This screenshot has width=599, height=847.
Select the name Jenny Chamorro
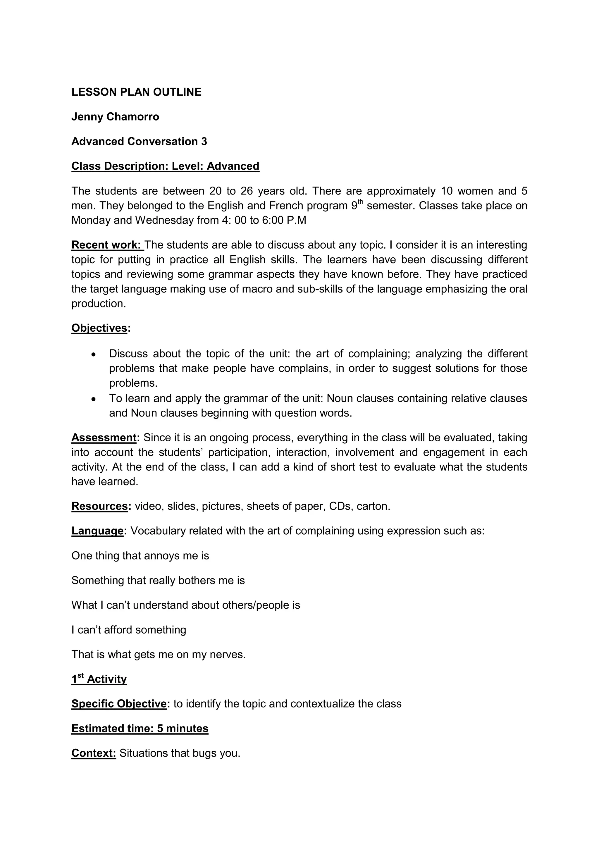click(x=115, y=117)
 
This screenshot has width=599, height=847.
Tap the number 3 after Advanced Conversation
click(x=204, y=141)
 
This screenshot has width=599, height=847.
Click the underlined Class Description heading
click(x=165, y=166)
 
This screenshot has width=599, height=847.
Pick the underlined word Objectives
click(x=99, y=328)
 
